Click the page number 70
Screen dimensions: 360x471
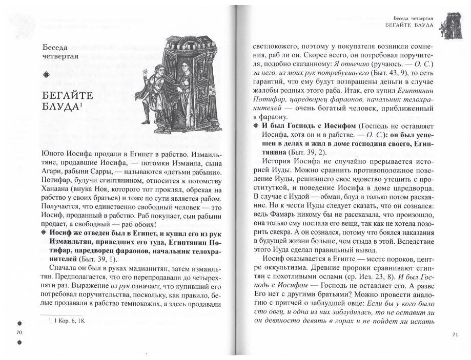[20, 333]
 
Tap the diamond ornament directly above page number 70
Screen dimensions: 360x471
[20, 323]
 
